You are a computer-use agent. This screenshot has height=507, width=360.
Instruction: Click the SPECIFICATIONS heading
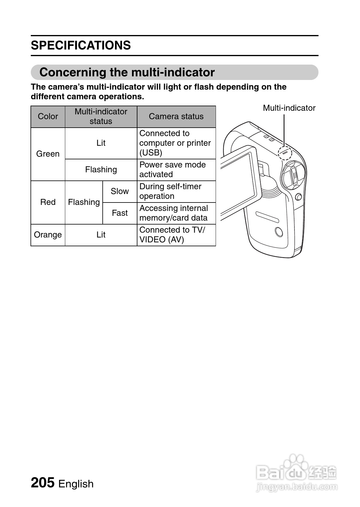(x=81, y=45)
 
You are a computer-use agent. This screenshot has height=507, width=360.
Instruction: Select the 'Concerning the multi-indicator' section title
(x=127, y=72)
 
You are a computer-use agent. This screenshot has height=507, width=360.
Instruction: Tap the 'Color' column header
(x=48, y=116)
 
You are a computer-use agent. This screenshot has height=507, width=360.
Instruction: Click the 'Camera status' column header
(x=176, y=116)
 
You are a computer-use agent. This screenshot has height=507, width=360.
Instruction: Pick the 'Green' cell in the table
(x=48, y=154)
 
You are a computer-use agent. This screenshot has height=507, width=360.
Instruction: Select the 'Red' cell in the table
(x=48, y=202)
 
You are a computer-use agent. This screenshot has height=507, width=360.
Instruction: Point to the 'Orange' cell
(x=48, y=235)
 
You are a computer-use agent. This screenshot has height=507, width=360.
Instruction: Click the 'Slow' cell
(x=120, y=191)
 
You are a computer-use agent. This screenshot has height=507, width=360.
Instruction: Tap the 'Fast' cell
(x=120, y=213)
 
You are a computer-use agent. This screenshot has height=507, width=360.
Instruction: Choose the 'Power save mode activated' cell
(x=176, y=170)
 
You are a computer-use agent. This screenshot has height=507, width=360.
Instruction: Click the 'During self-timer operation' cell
(x=176, y=191)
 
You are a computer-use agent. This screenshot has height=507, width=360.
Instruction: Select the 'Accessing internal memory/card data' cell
(x=176, y=213)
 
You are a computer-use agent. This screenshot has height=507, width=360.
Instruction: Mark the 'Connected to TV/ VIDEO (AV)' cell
(x=176, y=235)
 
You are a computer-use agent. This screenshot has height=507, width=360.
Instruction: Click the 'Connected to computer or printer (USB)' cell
(x=176, y=143)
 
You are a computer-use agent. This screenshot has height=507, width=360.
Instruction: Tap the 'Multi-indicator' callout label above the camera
(x=289, y=108)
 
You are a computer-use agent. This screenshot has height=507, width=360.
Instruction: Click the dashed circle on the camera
(x=285, y=152)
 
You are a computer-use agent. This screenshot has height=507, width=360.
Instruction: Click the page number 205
(x=43, y=483)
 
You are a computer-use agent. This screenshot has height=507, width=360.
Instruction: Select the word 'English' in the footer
(x=76, y=484)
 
